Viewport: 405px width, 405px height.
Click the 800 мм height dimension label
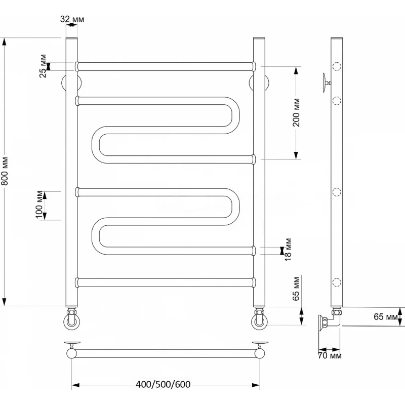point(5,171)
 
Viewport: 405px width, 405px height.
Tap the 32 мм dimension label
point(72,19)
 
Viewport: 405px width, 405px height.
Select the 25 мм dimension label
point(43,66)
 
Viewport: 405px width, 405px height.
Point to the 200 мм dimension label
point(296,112)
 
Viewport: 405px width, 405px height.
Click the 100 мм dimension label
point(39,205)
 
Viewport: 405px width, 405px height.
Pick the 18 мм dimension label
point(288,250)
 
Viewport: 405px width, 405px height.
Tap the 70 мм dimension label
point(330,356)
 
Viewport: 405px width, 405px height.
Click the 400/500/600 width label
point(163,385)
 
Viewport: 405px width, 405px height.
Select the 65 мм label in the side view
point(386,317)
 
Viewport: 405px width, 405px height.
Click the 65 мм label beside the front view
point(296,289)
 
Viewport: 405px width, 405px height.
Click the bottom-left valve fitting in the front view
point(72,318)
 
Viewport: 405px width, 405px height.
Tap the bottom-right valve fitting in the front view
point(259,318)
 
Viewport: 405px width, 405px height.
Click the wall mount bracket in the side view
point(327,83)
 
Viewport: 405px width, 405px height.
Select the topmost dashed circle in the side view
point(337,67)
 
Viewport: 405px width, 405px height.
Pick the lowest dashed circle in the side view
point(337,282)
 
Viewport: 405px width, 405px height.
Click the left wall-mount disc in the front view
point(71,83)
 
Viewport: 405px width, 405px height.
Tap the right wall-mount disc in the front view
point(259,83)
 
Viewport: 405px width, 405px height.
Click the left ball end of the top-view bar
point(71,353)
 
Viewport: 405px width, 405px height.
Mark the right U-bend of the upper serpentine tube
point(231,115)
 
